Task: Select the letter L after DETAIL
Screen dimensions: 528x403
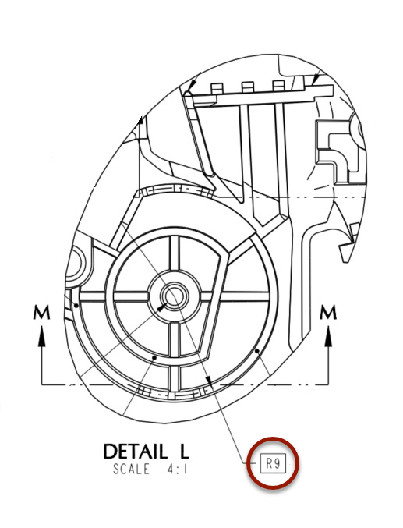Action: (x=182, y=452)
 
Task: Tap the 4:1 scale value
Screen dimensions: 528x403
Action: (x=177, y=470)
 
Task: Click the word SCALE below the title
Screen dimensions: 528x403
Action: (x=134, y=470)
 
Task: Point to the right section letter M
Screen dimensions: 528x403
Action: (x=329, y=313)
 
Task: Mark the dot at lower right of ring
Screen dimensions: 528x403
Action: (x=256, y=351)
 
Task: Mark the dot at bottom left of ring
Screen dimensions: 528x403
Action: (x=154, y=356)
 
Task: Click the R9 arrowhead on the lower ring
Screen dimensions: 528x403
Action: (x=209, y=380)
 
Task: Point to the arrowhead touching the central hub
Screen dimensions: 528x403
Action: (x=161, y=308)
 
